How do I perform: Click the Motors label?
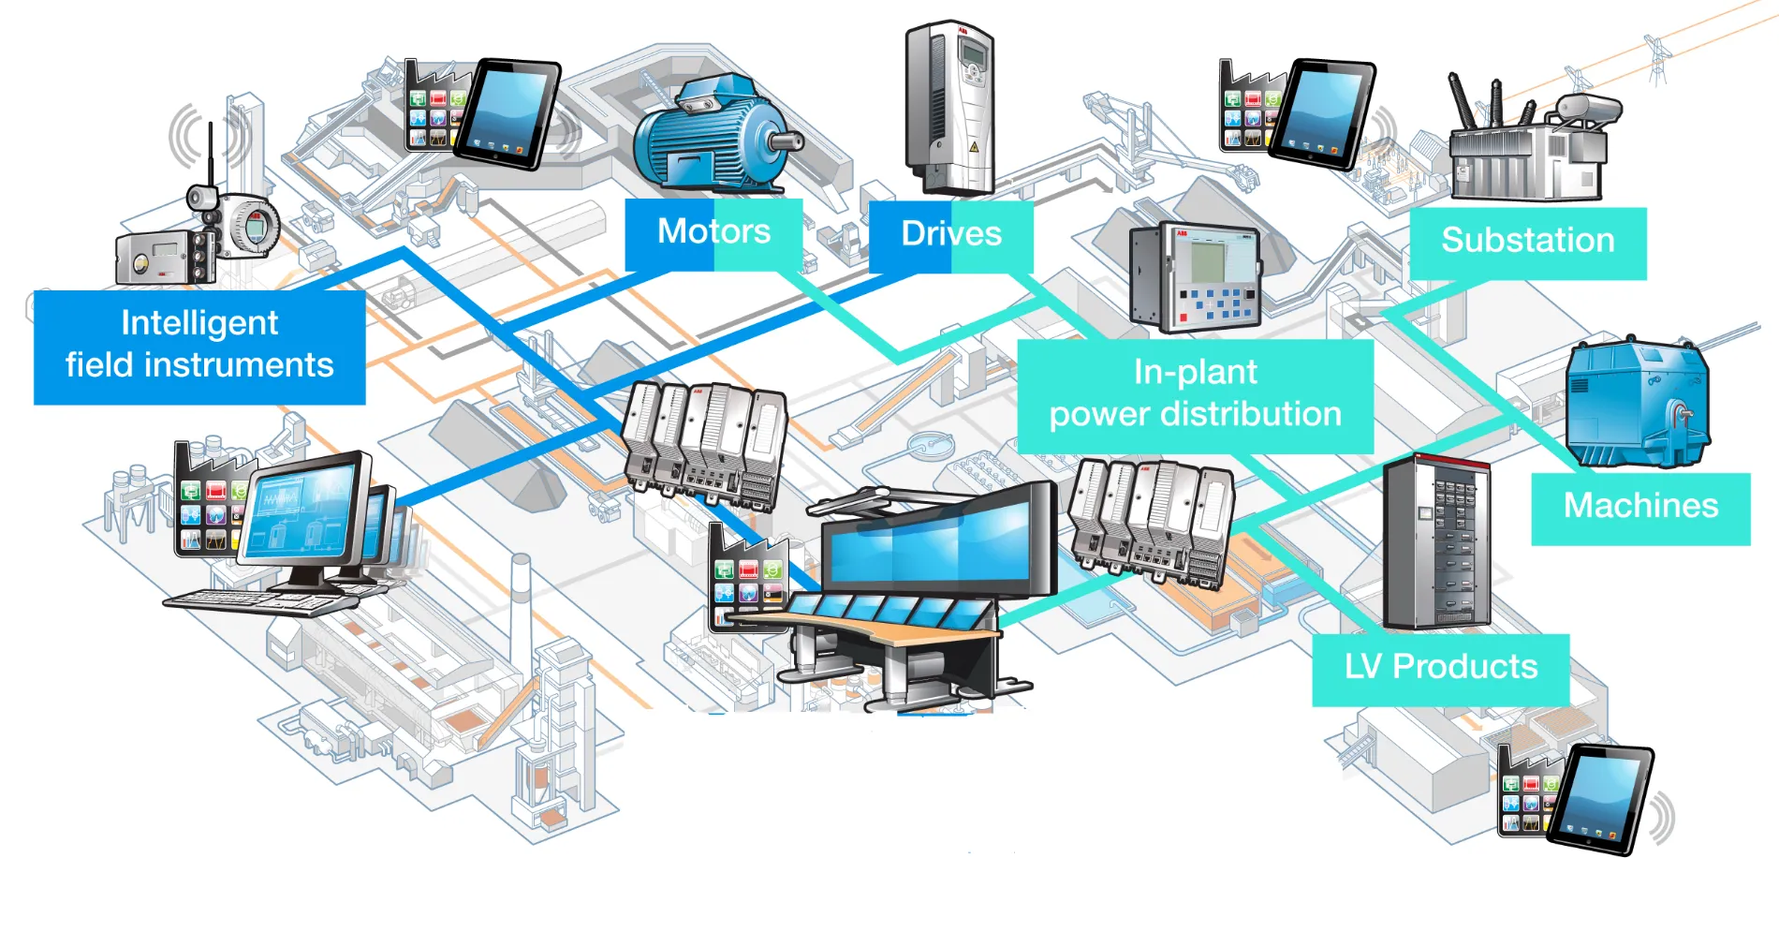coord(713,232)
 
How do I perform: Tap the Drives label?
coord(950,234)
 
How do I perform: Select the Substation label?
coord(1527,241)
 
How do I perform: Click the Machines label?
coord(1640,507)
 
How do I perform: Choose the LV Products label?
coord(1440,667)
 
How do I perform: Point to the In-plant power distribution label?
coord(1195,394)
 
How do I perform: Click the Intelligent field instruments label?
coord(199,345)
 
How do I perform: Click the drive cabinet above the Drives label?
coord(948,108)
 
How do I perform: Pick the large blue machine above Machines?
coord(1637,403)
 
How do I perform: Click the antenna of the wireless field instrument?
coord(212,155)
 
